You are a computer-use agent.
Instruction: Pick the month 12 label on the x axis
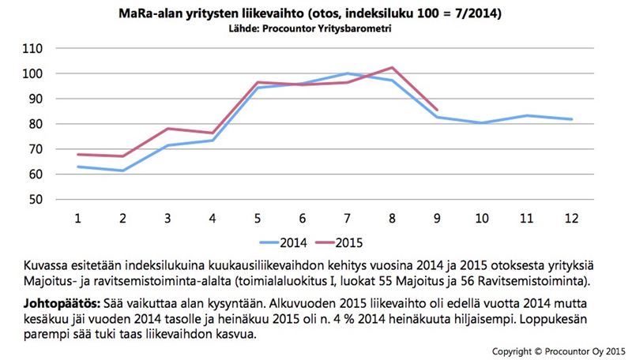point(571,217)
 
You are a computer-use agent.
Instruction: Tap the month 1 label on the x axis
point(78,217)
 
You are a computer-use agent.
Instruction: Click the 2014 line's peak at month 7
point(347,73)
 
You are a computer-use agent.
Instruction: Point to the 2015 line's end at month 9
point(437,110)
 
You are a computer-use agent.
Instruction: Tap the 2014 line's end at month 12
point(571,119)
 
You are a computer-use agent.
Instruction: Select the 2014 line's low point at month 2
point(122,171)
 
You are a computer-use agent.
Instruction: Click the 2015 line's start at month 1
point(78,155)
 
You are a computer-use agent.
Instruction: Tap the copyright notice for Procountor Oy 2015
point(559,350)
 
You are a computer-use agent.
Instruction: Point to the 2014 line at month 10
point(481,123)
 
